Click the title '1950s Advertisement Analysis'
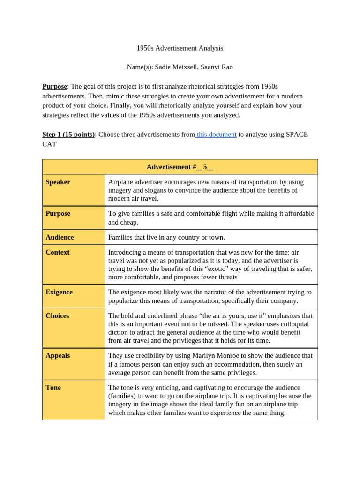click(x=180, y=48)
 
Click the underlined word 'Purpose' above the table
click(x=54, y=86)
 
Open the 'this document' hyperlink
click(x=217, y=135)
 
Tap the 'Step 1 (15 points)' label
click(x=68, y=135)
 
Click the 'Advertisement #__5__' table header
click(x=180, y=167)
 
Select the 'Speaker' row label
click(x=58, y=182)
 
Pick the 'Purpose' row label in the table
click(x=58, y=214)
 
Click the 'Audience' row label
click(x=60, y=237)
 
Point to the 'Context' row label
click(x=57, y=252)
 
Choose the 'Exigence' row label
click(x=59, y=292)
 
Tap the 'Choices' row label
click(x=57, y=316)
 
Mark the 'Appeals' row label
click(x=58, y=356)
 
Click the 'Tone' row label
click(x=53, y=388)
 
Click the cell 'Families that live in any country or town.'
click(x=166, y=237)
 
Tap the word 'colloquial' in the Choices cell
click(x=292, y=324)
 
